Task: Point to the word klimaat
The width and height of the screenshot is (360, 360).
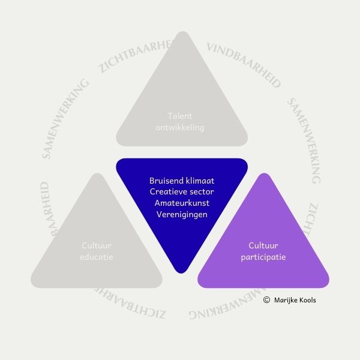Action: point(200,181)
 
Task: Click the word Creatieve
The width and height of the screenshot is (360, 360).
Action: point(167,191)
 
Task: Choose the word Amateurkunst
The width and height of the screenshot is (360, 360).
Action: point(182,203)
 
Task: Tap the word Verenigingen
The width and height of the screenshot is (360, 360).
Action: point(182,214)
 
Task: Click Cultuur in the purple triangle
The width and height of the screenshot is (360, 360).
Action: point(263,245)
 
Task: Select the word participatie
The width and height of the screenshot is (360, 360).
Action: point(263,257)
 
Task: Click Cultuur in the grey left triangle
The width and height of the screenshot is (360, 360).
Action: point(97,245)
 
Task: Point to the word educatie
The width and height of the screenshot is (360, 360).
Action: point(97,257)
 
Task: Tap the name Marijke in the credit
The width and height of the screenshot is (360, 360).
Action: point(286,300)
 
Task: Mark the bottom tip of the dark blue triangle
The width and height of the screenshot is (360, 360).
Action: point(182,271)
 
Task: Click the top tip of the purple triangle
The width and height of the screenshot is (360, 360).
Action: point(263,175)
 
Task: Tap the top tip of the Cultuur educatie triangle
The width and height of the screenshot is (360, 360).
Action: point(97,175)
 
